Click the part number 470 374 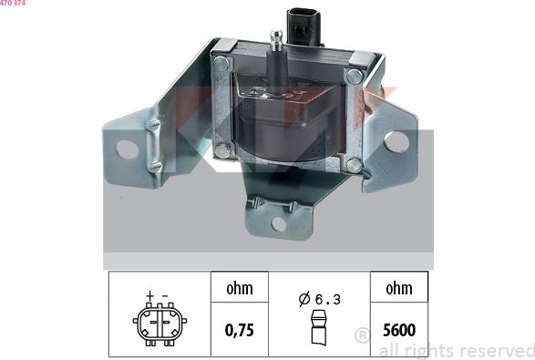tap(13, 5)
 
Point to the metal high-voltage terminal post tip tap(274, 36)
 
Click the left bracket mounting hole tap(128, 147)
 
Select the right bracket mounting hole tap(395, 141)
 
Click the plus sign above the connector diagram tap(149, 297)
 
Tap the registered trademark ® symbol tap(362, 335)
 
